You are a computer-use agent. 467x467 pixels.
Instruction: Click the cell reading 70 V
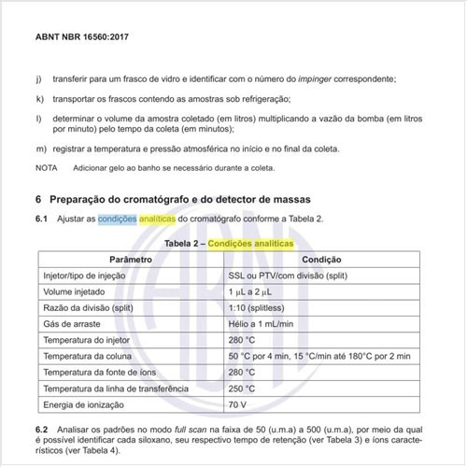pyautogui.click(x=239, y=404)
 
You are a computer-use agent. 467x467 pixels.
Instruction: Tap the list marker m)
pyautogui.click(x=40, y=149)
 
